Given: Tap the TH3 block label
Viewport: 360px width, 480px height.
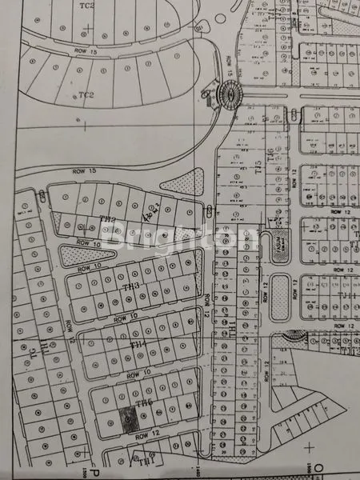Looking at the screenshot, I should point(132,286).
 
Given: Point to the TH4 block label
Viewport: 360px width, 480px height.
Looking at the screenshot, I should point(138,345).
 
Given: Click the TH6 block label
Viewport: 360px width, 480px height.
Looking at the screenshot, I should point(144,403).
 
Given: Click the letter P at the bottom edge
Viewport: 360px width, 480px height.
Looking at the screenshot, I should point(93,473).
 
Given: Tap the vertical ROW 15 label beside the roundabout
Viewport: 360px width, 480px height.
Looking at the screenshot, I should point(231,68).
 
